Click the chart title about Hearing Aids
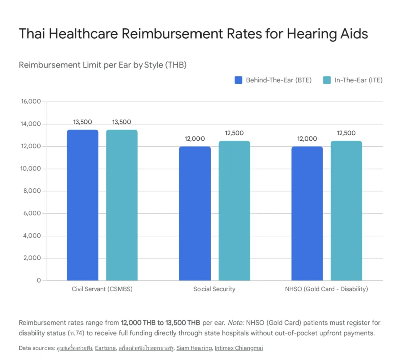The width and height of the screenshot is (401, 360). tap(193, 34)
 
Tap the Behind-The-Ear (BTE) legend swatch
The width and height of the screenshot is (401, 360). tap(238, 80)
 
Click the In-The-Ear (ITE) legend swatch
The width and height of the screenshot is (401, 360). tap(327, 80)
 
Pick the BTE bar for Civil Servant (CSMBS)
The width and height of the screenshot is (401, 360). tap(83, 205)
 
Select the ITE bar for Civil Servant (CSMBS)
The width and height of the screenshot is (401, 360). tap(122, 205)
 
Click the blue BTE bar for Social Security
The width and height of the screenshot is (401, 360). tap(195, 214)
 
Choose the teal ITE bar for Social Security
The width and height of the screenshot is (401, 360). tap(234, 211)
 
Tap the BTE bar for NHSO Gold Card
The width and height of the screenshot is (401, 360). tap(307, 214)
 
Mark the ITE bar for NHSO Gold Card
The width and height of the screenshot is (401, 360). tap(346, 211)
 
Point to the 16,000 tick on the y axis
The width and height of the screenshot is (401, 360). tap(31, 102)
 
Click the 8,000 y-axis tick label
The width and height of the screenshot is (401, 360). tap(32, 191)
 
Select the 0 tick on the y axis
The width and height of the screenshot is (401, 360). tap(39, 280)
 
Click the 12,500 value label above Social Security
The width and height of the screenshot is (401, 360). tap(234, 133)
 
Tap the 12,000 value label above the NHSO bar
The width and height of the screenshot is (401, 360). tap(307, 139)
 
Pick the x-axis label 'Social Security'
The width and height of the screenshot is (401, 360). tap(215, 289)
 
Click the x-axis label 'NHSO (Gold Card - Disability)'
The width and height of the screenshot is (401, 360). tap(327, 289)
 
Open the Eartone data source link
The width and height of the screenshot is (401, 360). tap(105, 348)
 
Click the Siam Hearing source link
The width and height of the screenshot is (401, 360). tap(194, 348)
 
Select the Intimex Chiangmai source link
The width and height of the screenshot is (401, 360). tap(239, 348)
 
